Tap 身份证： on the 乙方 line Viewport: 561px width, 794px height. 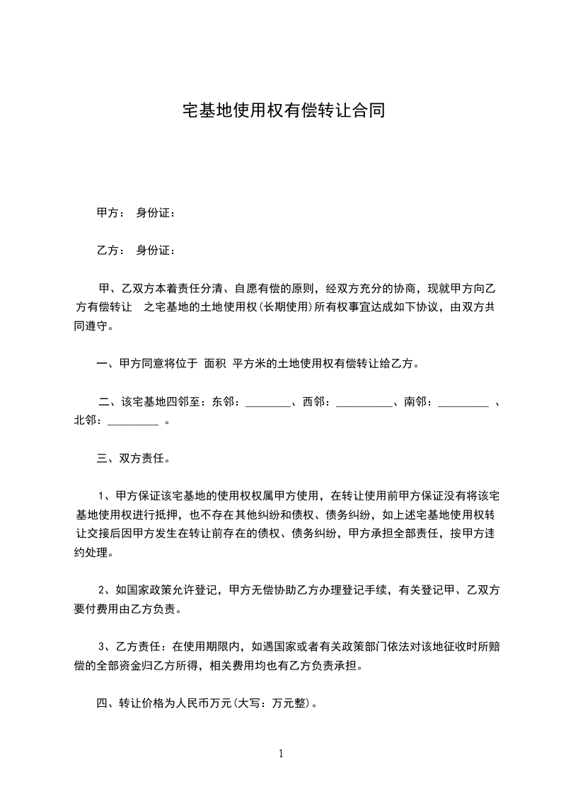point(156,250)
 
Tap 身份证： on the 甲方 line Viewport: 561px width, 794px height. point(156,212)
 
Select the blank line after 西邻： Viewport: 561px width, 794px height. point(364,404)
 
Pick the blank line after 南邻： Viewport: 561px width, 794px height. point(463,404)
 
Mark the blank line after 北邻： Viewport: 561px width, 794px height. point(133,422)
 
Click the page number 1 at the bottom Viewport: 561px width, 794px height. point(281,754)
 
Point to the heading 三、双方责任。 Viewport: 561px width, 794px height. point(132,459)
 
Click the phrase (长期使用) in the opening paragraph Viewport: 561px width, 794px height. point(283,308)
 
